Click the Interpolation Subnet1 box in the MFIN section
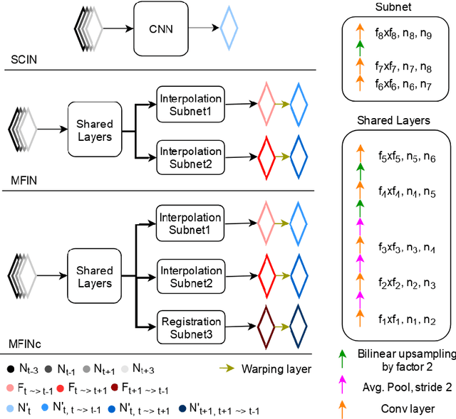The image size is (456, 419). (190, 104)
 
